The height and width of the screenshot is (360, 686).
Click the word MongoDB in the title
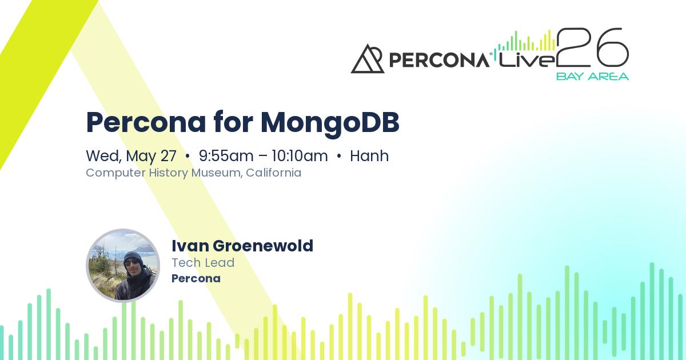click(330, 122)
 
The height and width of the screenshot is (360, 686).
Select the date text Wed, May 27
click(131, 156)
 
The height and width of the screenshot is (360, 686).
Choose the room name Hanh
click(369, 156)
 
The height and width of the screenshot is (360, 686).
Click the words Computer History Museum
click(163, 173)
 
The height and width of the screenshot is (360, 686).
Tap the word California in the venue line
click(273, 173)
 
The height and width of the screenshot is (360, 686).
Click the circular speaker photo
click(123, 265)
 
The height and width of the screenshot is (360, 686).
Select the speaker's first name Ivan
click(190, 246)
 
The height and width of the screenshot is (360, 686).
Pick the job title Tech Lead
click(203, 263)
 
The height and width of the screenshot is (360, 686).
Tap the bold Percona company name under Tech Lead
click(196, 279)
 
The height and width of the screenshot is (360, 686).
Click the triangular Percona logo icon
click(367, 59)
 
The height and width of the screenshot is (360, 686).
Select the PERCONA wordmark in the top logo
click(439, 60)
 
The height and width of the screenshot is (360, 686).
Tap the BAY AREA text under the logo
click(592, 77)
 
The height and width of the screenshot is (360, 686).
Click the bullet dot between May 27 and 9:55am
click(188, 156)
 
